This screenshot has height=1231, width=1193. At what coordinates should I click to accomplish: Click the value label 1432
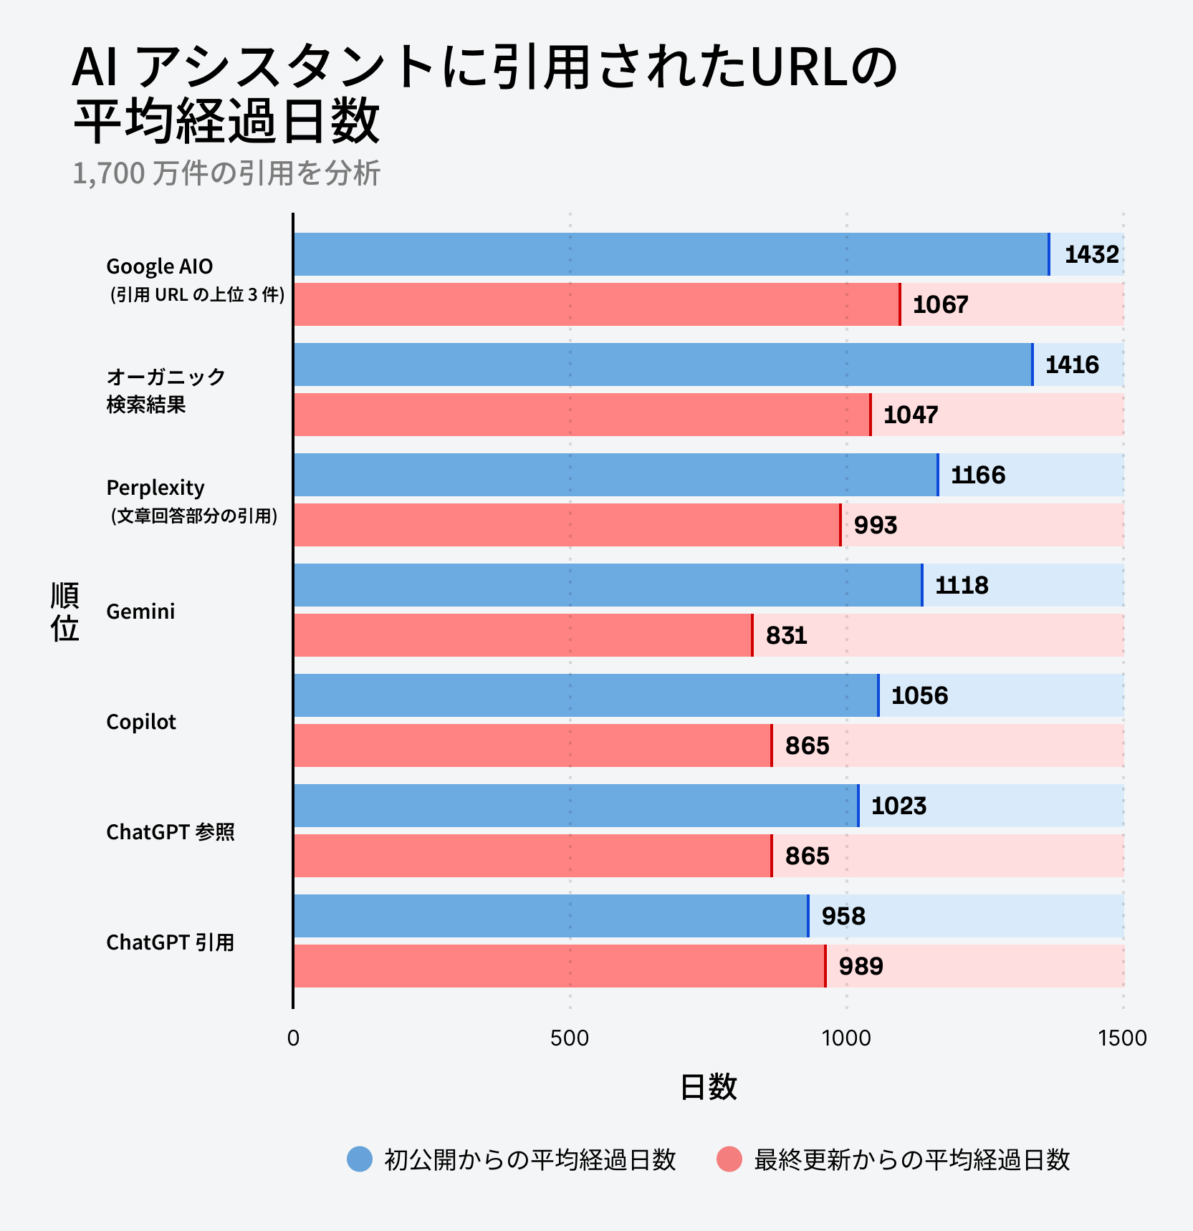1091,254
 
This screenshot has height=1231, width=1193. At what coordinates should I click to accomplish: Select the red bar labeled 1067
596,304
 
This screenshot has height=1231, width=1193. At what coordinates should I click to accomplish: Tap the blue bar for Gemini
607,585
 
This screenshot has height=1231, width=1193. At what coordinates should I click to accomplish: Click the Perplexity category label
155,488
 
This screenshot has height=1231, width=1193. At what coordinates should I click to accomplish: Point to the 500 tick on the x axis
570,1038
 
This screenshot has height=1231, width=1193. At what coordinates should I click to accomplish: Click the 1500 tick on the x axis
1122,1038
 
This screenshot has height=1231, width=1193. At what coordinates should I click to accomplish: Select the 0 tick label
293,1038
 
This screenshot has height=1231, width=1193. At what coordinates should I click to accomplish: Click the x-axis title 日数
708,1087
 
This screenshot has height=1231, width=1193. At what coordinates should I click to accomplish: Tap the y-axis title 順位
64,612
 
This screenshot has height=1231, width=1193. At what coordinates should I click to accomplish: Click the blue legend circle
360,1159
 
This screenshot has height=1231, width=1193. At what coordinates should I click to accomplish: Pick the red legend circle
729,1159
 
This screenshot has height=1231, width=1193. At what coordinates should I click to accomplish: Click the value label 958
843,916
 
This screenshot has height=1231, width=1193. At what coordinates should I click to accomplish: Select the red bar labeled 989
559,966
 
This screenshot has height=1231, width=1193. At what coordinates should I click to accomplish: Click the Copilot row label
141,722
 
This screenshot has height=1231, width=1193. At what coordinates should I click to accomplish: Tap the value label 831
786,635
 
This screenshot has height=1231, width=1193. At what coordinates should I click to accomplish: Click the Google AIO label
160,266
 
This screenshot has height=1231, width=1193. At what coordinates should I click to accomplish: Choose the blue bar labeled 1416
663,365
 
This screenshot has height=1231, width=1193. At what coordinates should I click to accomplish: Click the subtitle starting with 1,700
226,173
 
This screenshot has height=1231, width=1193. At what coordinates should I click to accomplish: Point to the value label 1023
899,806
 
